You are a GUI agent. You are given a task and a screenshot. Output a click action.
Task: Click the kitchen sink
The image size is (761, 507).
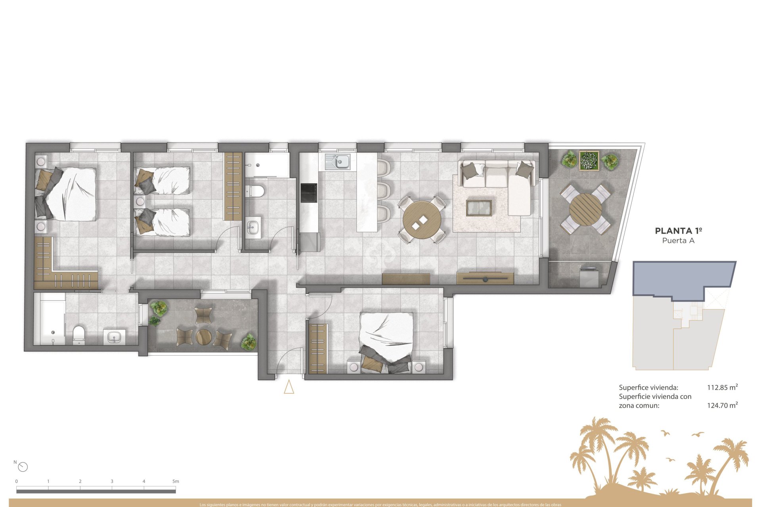point(338,161)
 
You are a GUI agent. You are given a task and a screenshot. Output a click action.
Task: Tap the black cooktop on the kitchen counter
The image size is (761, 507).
point(309,193)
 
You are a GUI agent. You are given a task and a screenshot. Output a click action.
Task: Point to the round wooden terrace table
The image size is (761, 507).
point(585,209)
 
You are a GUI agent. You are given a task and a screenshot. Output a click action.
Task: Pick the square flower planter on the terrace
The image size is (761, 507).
point(589,160)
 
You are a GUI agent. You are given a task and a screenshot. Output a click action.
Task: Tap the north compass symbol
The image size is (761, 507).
point(23,467)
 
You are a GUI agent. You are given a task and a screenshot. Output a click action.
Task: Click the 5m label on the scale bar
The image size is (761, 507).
point(176,481)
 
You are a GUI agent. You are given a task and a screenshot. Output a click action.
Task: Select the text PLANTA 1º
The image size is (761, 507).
point(679,231)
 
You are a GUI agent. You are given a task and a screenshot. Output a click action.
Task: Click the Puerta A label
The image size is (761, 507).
point(679,240)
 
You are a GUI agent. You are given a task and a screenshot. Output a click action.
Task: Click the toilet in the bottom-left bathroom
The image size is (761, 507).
point(79,334)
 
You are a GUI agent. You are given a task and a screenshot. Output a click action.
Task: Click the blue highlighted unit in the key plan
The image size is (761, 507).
point(682,277)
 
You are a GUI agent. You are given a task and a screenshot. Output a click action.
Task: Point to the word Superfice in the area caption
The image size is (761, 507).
point(633,387)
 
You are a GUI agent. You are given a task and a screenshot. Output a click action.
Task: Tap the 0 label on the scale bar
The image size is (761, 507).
point(17,481)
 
